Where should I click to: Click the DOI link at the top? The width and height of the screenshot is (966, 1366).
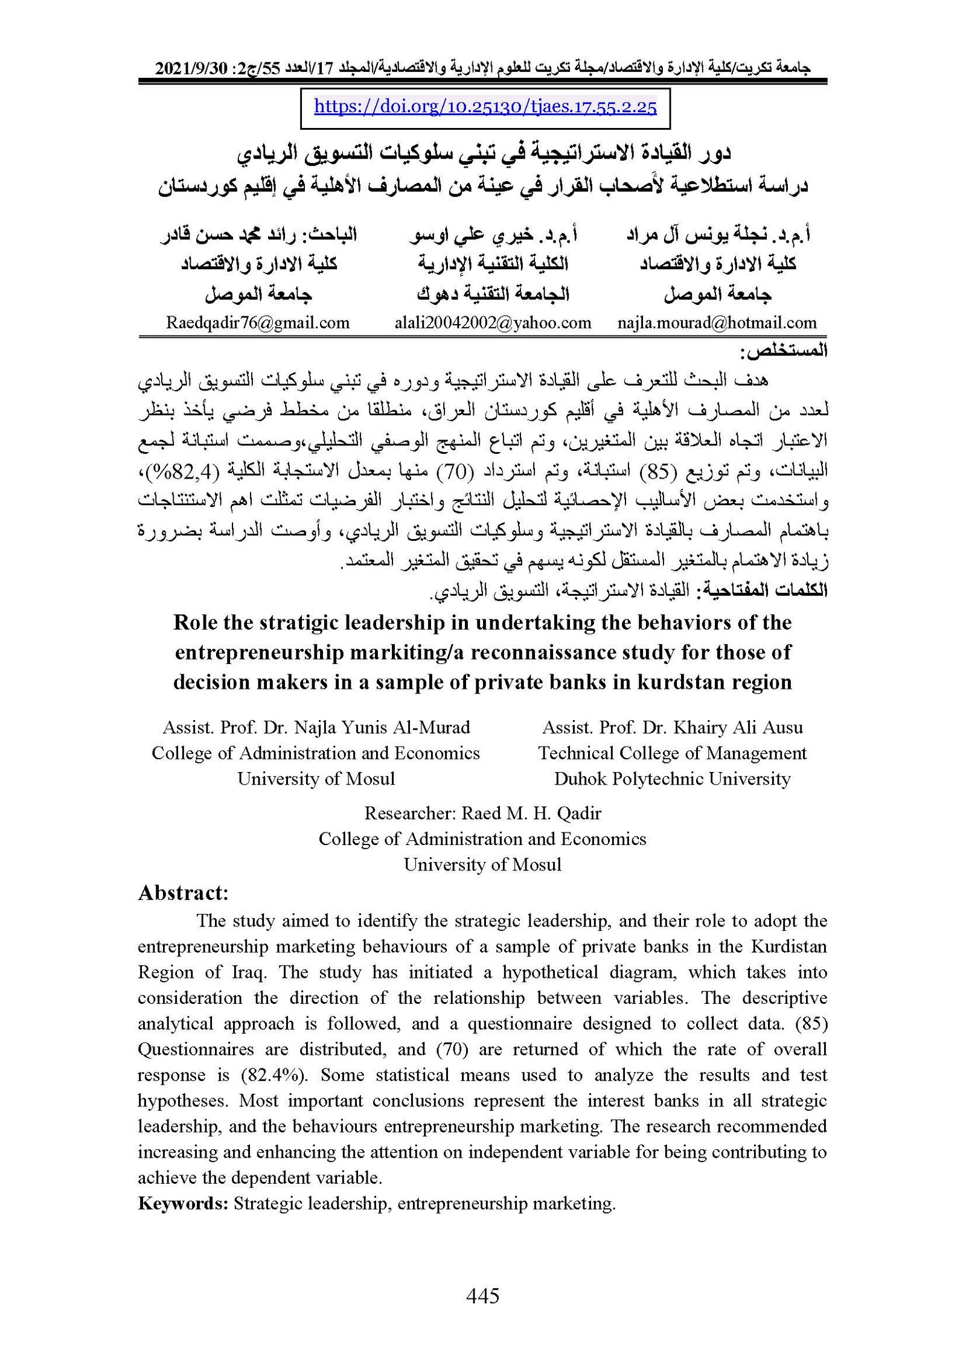click(485, 107)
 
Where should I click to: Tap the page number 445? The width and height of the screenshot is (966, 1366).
click(482, 1295)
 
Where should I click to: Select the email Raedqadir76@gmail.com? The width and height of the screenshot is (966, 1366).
click(258, 322)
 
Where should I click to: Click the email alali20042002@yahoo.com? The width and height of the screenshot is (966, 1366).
click(493, 322)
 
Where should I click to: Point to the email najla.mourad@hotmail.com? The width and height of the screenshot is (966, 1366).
click(717, 322)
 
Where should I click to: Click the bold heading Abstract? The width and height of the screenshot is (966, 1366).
click(184, 893)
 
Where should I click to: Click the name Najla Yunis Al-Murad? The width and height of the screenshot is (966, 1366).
click(382, 727)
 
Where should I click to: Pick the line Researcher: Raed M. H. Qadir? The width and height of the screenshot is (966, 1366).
click(482, 813)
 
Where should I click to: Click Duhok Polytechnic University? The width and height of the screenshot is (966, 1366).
click(672, 779)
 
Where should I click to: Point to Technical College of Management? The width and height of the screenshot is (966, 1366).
click(672, 753)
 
